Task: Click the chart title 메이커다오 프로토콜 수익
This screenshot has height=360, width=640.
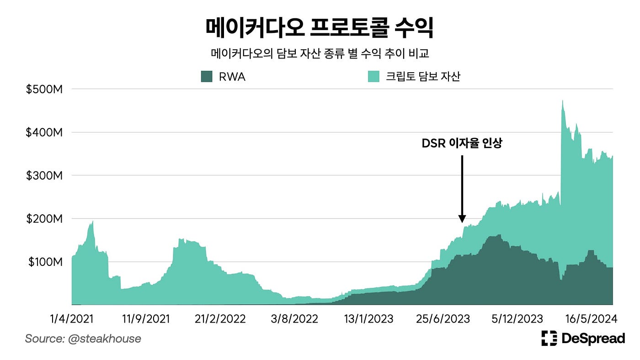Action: coord(320,28)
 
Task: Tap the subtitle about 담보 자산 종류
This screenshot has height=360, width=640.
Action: coord(320,54)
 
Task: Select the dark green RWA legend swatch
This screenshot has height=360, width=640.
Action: coord(207,77)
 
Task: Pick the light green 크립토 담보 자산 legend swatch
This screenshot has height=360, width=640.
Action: coord(374,77)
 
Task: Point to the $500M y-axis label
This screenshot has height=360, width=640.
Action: coord(44,90)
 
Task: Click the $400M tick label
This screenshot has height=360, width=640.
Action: coord(44,132)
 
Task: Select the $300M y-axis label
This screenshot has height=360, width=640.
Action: coord(44,175)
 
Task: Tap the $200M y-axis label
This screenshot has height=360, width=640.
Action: coord(44,219)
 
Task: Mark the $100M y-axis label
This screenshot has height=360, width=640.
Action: coord(45,262)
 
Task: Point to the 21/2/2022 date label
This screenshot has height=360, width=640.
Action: coord(220,318)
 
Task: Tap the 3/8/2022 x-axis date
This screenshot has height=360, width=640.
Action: coord(294,318)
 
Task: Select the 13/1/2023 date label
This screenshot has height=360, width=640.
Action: coord(368,318)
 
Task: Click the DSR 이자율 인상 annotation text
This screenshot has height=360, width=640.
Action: coord(462,144)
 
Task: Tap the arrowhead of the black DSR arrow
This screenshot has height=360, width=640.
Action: coord(462,219)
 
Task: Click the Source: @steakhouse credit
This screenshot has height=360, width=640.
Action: coord(83,339)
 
